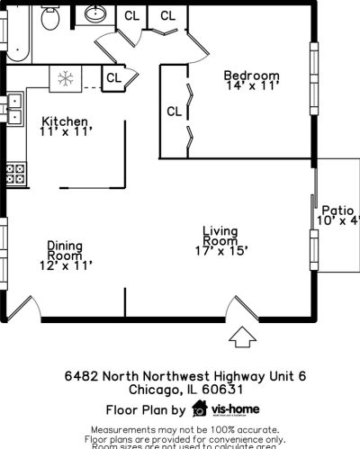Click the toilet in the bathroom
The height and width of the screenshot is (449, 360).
tap(51, 15)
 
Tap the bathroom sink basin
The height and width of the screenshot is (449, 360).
tap(95, 13)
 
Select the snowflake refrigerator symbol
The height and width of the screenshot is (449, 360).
tap(65, 77)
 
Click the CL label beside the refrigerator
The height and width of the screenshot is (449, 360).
tap(113, 78)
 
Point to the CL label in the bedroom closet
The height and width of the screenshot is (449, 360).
tap(174, 112)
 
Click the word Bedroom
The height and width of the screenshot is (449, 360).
tap(251, 76)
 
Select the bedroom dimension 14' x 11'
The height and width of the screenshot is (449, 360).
tap(252, 86)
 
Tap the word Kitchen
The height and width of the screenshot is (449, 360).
tap(65, 121)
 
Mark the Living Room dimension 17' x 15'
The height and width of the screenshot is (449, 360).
tap(220, 252)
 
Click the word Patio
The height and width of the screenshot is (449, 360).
tap(337, 209)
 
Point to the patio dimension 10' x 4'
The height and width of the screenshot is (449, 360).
tap(338, 220)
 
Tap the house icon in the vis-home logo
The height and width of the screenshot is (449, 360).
tap(199, 409)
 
